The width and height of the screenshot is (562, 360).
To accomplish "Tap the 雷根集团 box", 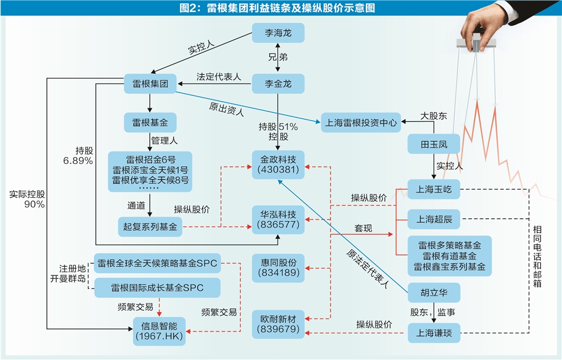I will point(150,84).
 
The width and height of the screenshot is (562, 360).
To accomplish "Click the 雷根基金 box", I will point(150,122).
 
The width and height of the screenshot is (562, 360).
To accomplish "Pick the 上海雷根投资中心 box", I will point(361,122).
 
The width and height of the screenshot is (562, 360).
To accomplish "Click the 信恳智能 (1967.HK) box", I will point(159,331).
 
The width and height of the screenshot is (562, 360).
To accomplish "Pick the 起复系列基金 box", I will point(150,227).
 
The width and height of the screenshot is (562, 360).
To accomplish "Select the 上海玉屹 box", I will point(433,190).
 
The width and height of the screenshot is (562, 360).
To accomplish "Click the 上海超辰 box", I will point(433,219).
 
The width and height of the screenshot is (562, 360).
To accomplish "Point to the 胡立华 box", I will point(433,293).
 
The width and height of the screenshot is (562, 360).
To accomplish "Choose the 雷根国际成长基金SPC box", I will point(157,287).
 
